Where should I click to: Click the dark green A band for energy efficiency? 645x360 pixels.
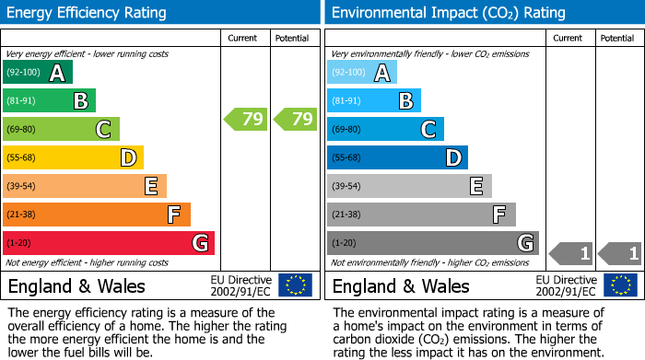[x=37, y=73]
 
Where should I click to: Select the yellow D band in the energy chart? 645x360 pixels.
[x=73, y=157]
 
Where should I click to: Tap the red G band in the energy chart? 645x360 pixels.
[x=108, y=243]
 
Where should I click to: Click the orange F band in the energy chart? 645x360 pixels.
[x=97, y=215]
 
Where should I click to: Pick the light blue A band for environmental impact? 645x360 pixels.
[x=362, y=73]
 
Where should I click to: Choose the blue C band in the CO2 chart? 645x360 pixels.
[x=385, y=129]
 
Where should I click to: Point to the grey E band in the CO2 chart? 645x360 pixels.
[x=409, y=186]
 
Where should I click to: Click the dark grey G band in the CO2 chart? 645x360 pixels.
[x=432, y=243]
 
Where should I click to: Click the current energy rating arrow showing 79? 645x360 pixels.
[x=245, y=119]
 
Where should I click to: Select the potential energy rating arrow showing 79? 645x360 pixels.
[x=294, y=119]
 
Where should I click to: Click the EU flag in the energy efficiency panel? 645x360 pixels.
[x=296, y=285]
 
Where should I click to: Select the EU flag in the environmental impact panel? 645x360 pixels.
[x=621, y=285]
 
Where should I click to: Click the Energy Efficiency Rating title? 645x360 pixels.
[x=88, y=13]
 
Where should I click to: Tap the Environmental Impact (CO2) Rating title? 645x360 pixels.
[x=448, y=13]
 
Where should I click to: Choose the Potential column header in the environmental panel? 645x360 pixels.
[x=617, y=38]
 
